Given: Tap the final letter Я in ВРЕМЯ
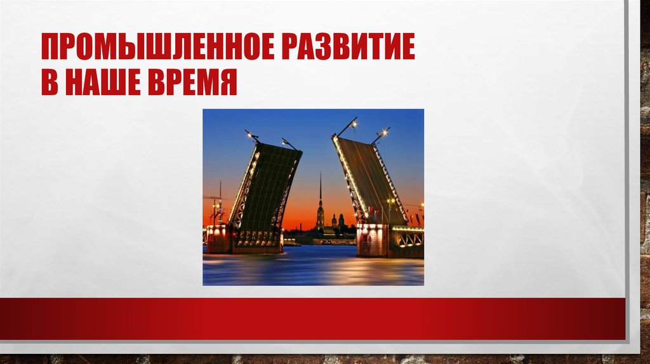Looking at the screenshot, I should coord(229,84).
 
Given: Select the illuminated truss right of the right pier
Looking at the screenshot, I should coord(410,238).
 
